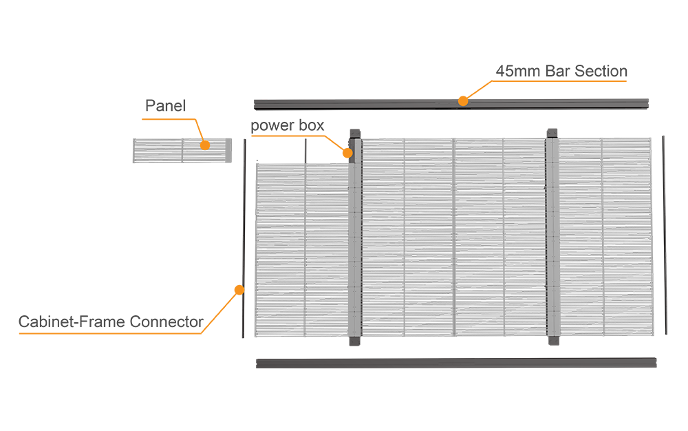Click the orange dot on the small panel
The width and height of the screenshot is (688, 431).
[204, 145]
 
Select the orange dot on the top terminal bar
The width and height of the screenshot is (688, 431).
[463, 102]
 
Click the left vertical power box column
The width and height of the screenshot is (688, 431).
[354, 241]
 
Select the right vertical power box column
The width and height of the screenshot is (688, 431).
[552, 241]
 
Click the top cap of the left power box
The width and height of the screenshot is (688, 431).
[354, 131]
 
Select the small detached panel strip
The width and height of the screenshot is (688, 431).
[182, 151]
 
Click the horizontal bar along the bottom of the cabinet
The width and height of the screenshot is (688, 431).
[454, 361]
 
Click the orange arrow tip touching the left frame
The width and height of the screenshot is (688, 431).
[241, 284]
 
